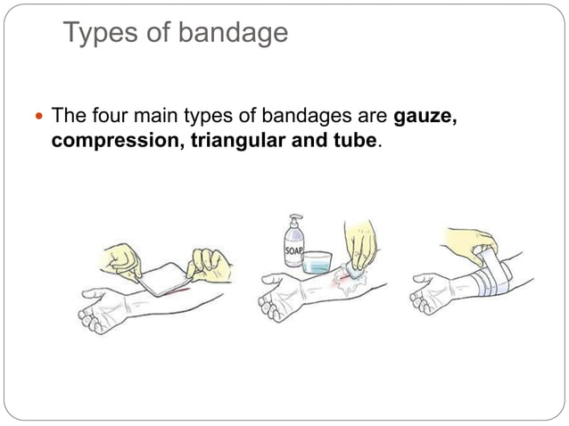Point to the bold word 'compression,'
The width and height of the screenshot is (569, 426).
118,141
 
